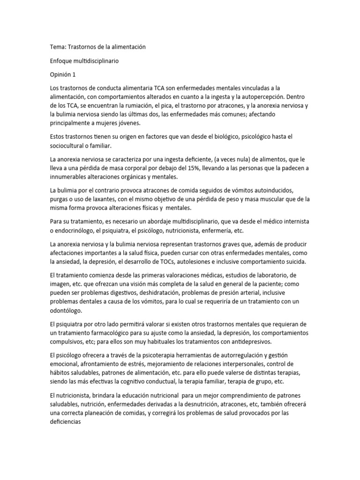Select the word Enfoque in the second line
click(62, 61)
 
